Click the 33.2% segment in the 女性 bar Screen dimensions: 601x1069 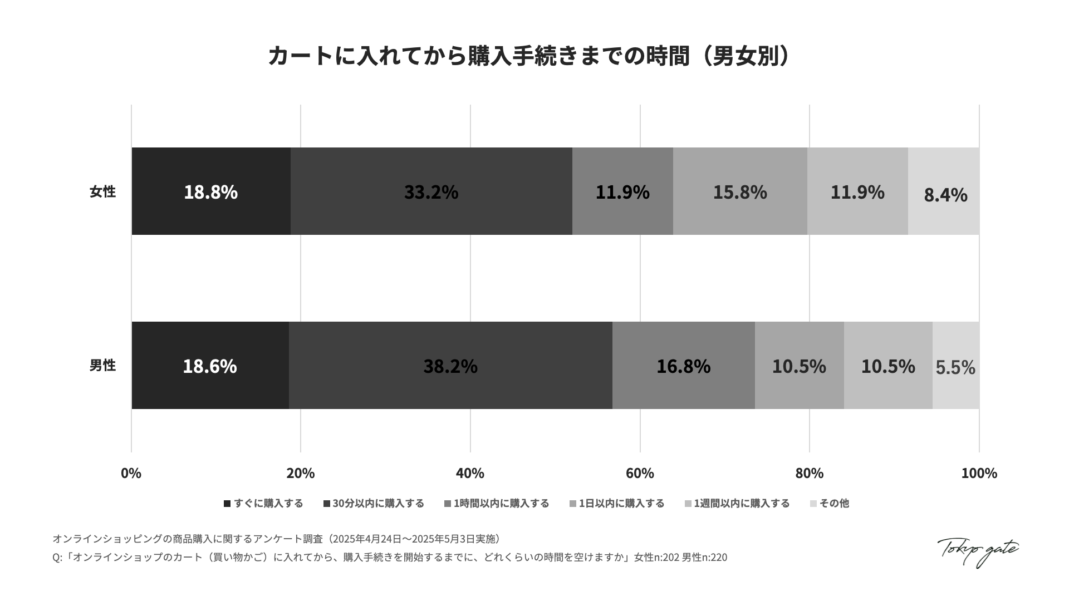click(x=431, y=191)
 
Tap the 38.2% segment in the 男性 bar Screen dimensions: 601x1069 click(x=450, y=366)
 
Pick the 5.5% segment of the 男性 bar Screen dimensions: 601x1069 click(x=955, y=366)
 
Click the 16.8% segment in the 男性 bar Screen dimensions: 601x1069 click(x=683, y=366)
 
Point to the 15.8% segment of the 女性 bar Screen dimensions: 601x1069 click(x=740, y=191)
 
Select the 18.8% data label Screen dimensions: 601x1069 click(x=210, y=192)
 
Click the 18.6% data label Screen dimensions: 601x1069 click(x=210, y=366)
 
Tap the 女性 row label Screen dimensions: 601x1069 click(x=102, y=191)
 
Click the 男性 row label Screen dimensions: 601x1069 click(x=102, y=366)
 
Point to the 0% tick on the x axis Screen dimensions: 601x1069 click(x=131, y=473)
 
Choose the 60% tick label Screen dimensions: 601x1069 click(x=640, y=473)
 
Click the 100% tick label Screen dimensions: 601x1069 click(x=979, y=473)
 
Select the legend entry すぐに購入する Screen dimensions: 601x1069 click(x=263, y=504)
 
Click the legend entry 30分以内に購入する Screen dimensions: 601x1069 click(x=374, y=504)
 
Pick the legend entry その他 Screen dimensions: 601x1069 click(x=830, y=504)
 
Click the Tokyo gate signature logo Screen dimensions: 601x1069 click(x=978, y=551)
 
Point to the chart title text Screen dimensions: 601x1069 click(x=529, y=56)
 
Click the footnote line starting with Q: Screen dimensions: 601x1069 click(x=390, y=557)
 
